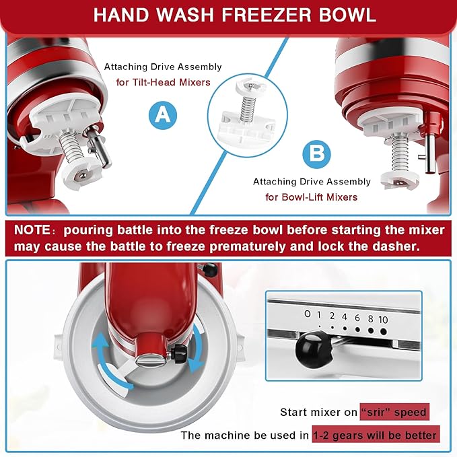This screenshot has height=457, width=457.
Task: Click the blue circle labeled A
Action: pos(162,116)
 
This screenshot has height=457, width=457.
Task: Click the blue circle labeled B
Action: pos(316,153)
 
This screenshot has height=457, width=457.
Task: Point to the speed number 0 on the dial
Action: pos(308,314)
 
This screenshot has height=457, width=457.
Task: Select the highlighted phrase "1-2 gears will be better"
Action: pos(375,435)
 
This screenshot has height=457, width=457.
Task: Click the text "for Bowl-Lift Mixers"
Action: pos(311,197)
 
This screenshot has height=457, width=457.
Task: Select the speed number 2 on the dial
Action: pos(332,314)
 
